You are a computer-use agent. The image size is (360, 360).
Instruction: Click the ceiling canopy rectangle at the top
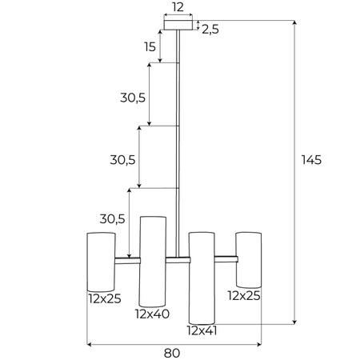click(x=178, y=26)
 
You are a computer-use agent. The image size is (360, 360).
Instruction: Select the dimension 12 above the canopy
click(x=178, y=7)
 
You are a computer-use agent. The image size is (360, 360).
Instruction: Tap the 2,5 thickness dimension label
click(x=210, y=29)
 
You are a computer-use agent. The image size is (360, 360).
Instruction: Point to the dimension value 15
click(x=150, y=47)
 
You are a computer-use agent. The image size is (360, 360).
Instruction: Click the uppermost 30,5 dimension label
click(x=132, y=97)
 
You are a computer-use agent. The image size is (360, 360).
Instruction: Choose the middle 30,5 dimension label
click(x=122, y=159)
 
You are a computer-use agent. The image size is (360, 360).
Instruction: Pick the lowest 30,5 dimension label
click(x=111, y=218)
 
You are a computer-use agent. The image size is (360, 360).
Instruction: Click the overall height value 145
click(x=311, y=160)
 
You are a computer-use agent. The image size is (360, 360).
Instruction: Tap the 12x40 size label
click(x=152, y=314)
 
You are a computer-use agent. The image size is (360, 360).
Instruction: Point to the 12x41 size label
click(x=202, y=330)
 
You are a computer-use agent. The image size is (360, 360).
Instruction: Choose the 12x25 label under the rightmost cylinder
click(x=244, y=295)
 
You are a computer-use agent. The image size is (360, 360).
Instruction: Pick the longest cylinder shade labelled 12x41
click(x=202, y=275)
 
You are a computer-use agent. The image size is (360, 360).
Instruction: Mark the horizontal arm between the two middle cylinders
click(x=177, y=258)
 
